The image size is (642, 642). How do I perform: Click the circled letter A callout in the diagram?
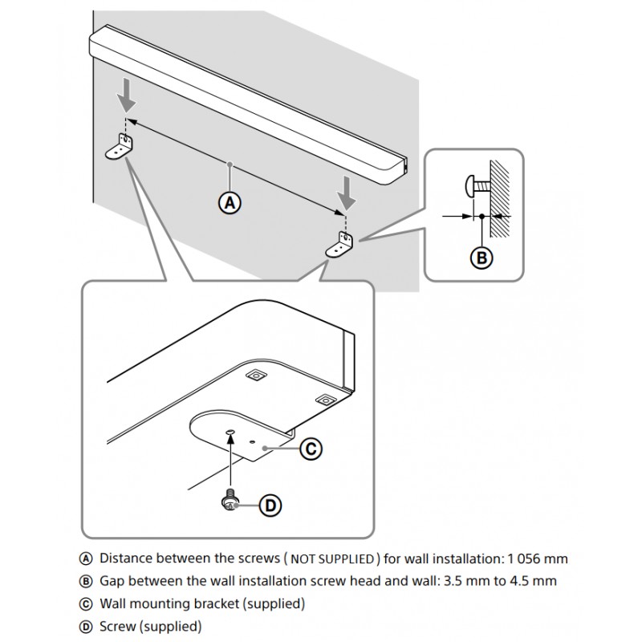click(x=230, y=203)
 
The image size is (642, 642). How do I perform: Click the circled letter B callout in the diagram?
click(x=481, y=258)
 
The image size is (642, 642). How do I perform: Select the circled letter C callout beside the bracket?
click(x=310, y=450)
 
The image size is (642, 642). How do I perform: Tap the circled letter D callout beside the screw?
click(x=270, y=505)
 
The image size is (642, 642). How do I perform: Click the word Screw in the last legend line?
click(x=118, y=626)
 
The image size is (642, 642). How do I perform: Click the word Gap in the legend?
click(x=114, y=580)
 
